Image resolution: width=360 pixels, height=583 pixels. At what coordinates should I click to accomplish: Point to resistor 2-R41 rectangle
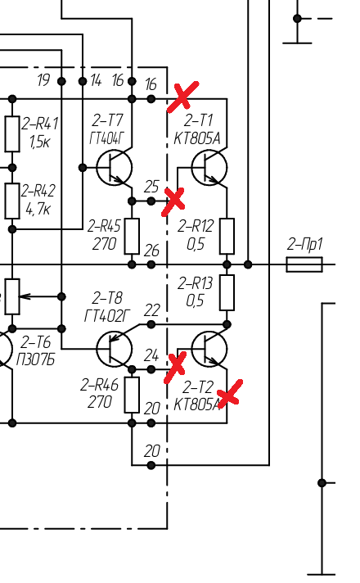(x=12, y=133)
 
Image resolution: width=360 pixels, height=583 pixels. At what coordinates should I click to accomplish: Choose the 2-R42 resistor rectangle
(x=12, y=201)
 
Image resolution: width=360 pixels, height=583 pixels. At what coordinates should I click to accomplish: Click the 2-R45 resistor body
(x=132, y=237)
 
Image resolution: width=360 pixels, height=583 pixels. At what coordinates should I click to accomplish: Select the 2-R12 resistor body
(x=227, y=237)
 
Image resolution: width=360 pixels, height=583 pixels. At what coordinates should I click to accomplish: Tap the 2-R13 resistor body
(x=227, y=292)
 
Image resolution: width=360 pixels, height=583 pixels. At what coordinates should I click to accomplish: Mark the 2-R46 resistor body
(x=132, y=395)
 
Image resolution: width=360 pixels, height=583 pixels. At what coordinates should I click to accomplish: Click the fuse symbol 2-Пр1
(x=304, y=264)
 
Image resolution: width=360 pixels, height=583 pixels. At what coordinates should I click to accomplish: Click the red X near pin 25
(x=173, y=201)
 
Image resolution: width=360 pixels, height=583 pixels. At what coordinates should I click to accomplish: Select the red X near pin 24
(x=175, y=368)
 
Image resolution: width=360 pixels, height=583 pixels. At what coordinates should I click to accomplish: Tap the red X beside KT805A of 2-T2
(x=230, y=394)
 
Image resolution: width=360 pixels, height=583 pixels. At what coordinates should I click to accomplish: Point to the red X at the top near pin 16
(x=182, y=97)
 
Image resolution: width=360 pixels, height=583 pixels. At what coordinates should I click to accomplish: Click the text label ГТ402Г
(x=107, y=316)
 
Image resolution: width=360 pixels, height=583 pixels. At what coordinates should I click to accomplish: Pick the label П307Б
(x=36, y=360)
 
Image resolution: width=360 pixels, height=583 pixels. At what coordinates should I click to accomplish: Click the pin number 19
(x=43, y=79)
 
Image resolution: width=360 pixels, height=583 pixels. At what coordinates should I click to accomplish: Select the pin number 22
(x=151, y=310)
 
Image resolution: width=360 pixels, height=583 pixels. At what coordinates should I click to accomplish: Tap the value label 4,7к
(x=38, y=210)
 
